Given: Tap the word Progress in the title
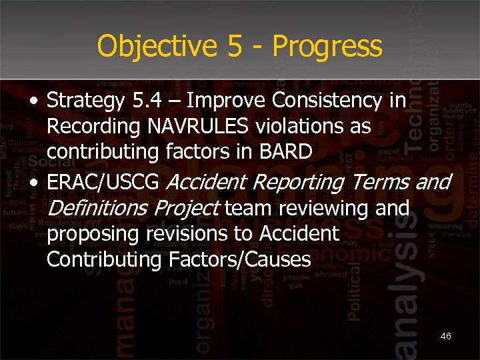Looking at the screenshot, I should (327, 47).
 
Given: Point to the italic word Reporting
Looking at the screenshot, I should (294, 181).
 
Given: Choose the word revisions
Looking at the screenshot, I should (184, 234).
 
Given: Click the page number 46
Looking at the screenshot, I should (445, 336).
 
